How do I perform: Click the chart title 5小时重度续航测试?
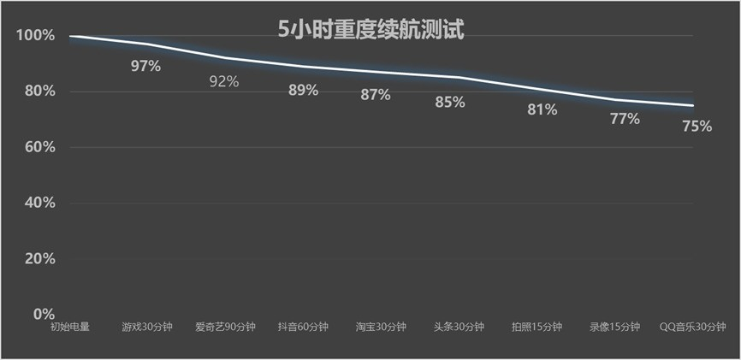click(370, 30)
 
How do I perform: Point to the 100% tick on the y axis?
click(35, 36)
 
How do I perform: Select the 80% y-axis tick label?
click(38, 91)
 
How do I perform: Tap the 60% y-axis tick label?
click(38, 147)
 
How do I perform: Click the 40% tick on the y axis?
click(38, 203)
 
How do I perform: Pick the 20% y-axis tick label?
click(38, 258)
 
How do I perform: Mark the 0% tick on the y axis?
click(43, 314)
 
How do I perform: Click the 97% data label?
click(145, 66)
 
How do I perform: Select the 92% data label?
click(224, 82)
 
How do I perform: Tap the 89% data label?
click(303, 90)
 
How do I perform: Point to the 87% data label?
click(375, 95)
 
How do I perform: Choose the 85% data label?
click(449, 103)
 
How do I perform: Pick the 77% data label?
click(625, 119)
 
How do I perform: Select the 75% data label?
click(697, 127)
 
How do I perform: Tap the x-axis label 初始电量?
click(70, 327)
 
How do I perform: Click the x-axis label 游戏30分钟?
click(147, 327)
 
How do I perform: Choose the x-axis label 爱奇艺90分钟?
click(225, 327)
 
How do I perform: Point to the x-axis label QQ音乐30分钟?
click(693, 327)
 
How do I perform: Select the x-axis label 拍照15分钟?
click(536, 327)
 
